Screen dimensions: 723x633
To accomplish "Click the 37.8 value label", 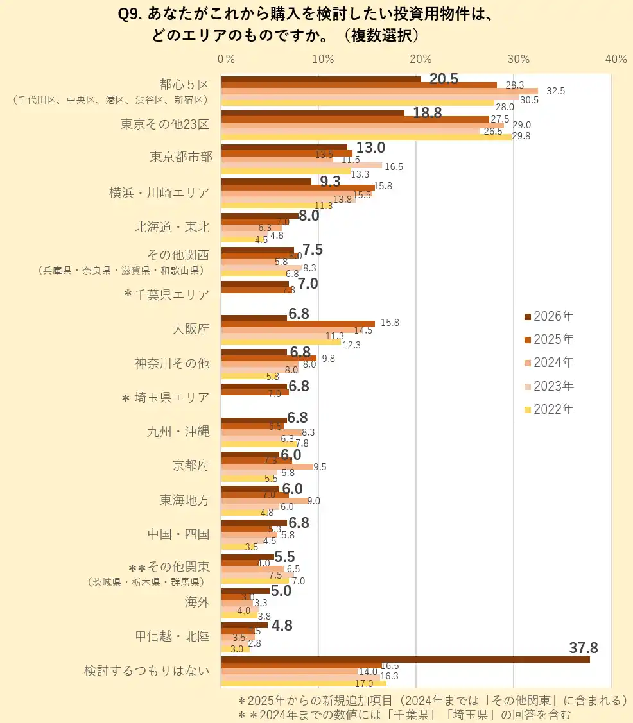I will coord(584,648).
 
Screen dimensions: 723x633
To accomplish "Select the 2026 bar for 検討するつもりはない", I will coord(404,659).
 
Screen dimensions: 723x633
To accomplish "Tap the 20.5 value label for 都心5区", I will coord(444,79).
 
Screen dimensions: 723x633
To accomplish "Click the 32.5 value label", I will coord(555,91).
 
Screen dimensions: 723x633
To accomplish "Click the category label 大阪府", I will coord(191,330).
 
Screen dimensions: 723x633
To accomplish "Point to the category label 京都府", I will coord(191,466).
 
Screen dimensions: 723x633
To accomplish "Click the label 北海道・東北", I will coord(172,226).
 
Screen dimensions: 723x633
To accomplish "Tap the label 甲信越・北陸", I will coord(172,636).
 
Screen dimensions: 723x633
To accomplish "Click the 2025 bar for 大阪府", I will coord(298,324).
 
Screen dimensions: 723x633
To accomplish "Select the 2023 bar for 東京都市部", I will coord(302,166).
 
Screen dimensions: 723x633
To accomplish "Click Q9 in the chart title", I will coord(132,14).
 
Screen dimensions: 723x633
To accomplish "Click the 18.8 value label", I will coord(427,113).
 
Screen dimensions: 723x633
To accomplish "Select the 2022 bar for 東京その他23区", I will coord(366,136).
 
